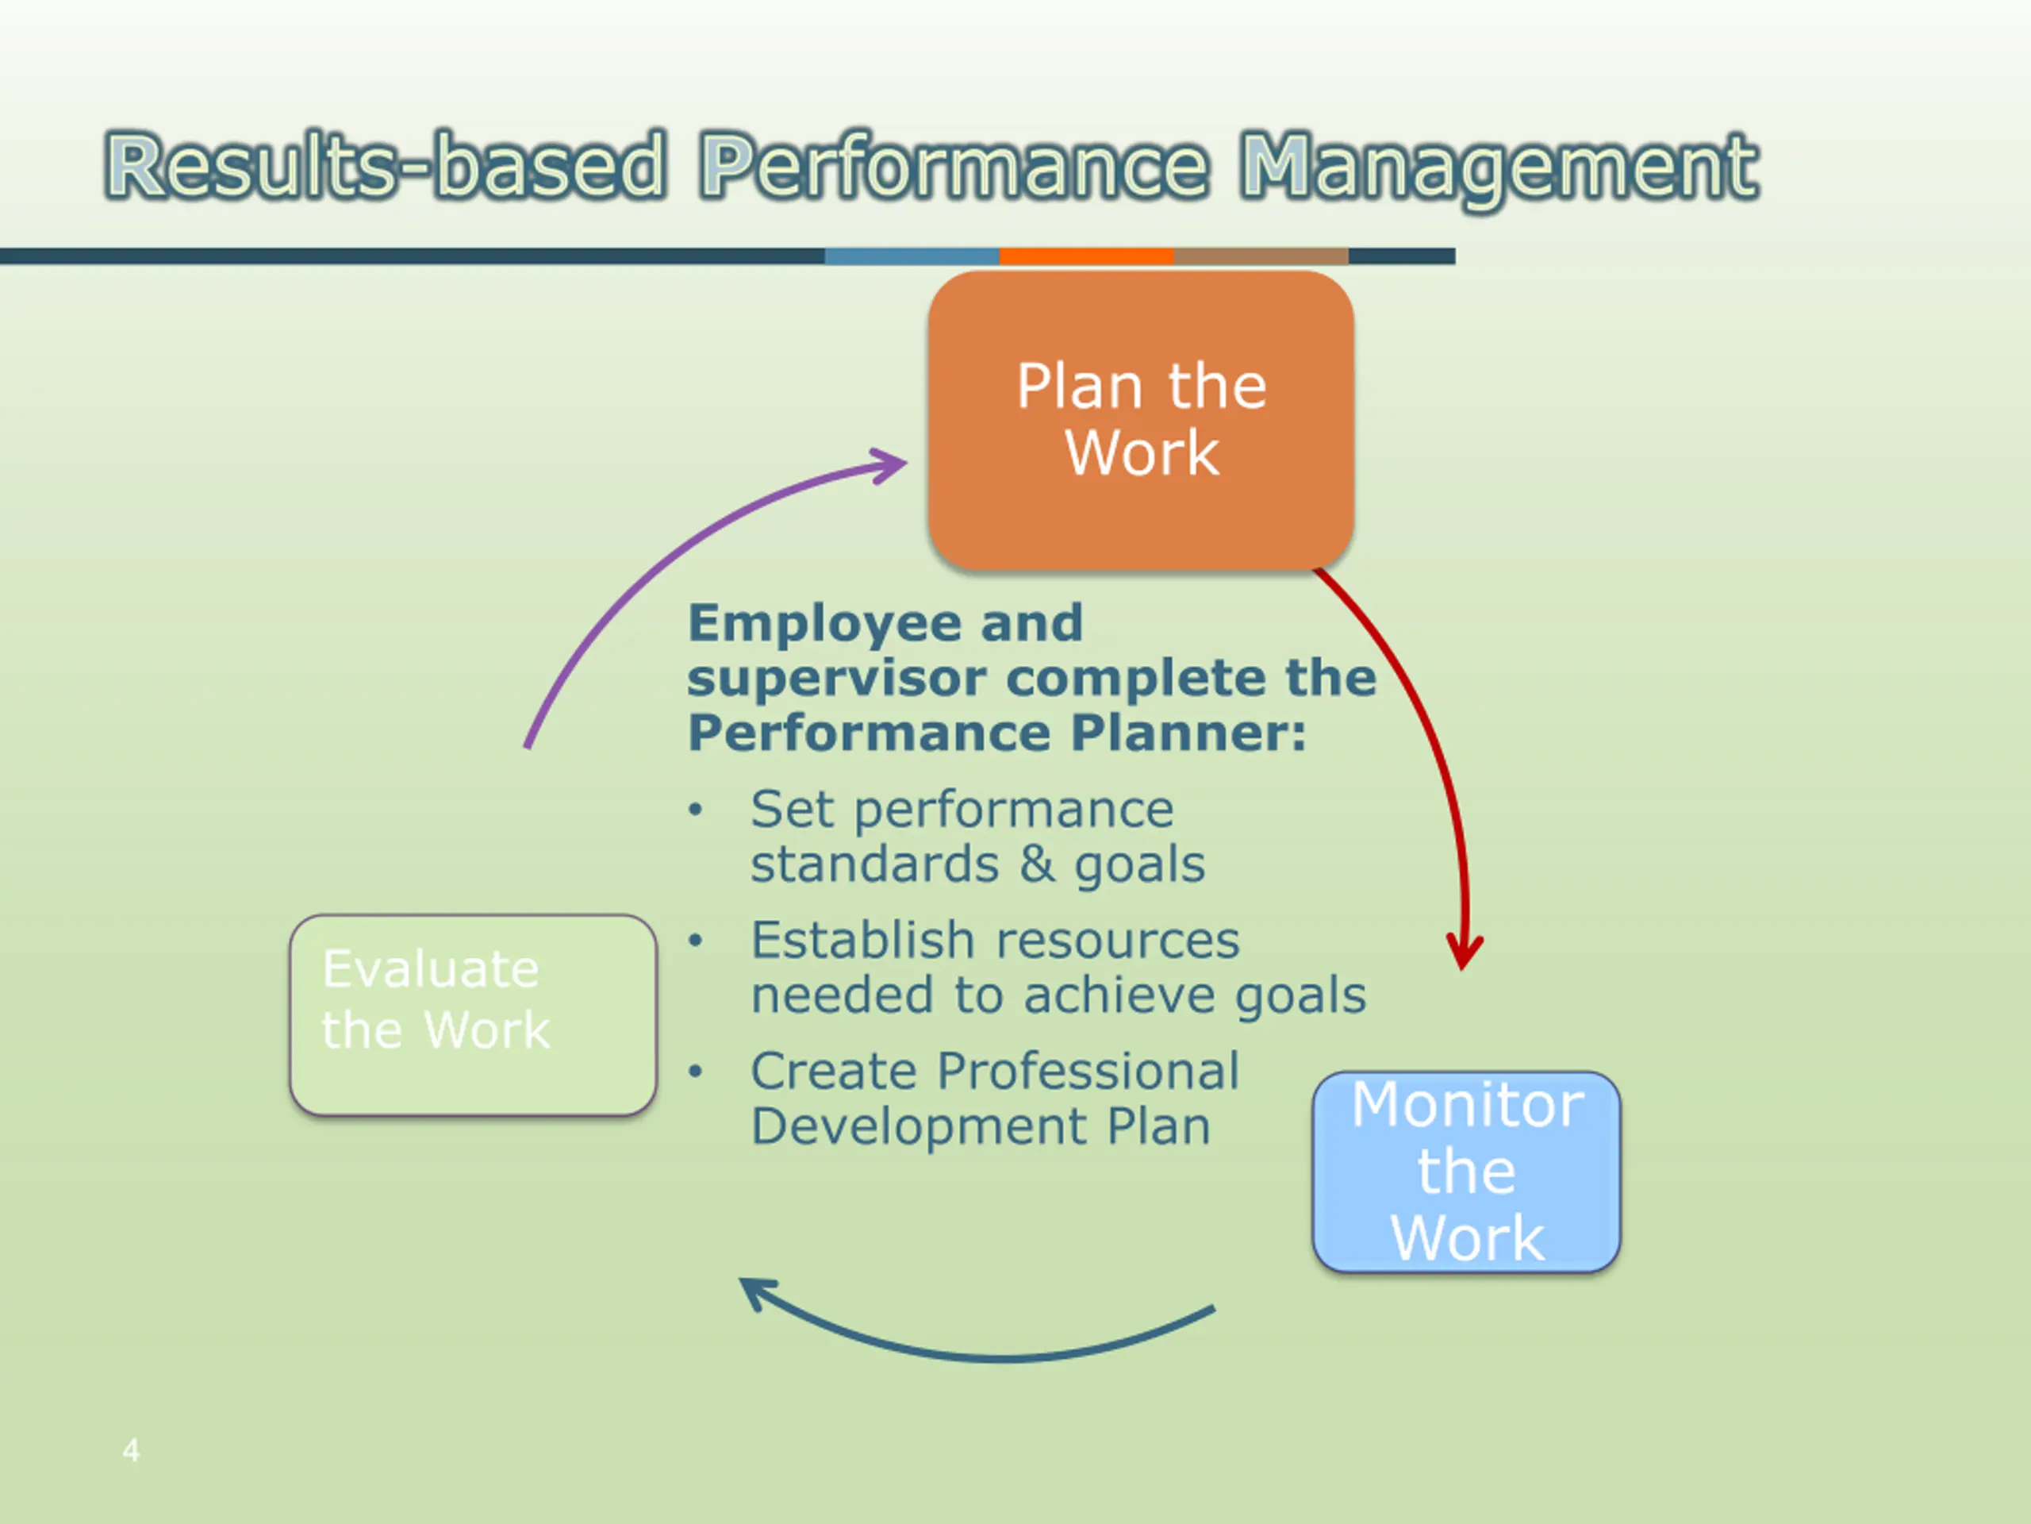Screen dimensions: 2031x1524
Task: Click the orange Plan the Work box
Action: tap(1140, 420)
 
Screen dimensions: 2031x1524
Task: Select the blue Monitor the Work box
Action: tap(1466, 1172)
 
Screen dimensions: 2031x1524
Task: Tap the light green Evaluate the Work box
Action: tap(473, 1014)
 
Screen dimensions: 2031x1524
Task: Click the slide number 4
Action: tap(131, 1450)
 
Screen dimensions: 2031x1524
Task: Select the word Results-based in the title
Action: tap(385, 166)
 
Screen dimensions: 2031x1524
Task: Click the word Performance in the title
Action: tap(952, 166)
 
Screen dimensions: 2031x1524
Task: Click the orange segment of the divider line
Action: tap(1086, 256)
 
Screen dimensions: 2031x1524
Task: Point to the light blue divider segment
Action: tap(912, 256)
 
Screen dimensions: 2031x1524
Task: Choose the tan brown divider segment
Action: tap(1261, 256)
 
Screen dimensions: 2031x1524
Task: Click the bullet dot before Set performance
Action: tap(696, 810)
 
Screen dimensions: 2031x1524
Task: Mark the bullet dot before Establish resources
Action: tap(696, 941)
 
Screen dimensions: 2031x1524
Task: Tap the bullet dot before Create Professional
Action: tap(696, 1071)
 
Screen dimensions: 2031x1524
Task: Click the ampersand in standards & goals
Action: tap(1037, 864)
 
